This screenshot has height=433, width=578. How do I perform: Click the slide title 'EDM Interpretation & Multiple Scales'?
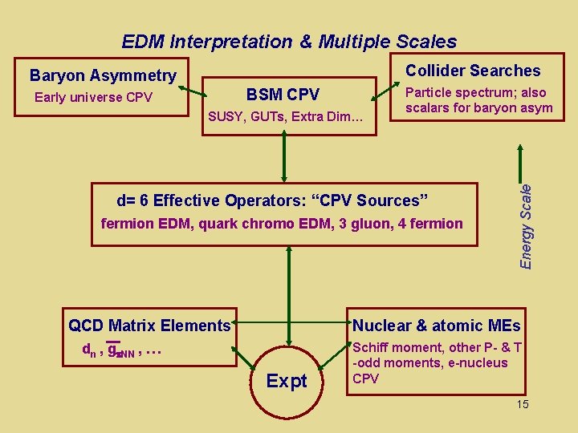pyautogui.click(x=289, y=42)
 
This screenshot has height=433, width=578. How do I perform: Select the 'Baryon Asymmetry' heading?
pyautogui.click(x=103, y=75)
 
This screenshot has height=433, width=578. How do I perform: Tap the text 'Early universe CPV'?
pyautogui.click(x=93, y=98)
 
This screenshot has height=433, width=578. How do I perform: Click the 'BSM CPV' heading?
pyautogui.click(x=283, y=95)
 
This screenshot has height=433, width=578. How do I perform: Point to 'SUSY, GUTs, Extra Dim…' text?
pyautogui.click(x=286, y=117)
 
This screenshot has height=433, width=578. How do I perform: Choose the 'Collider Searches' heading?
pyautogui.click(x=473, y=71)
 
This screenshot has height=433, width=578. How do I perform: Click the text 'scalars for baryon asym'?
pyautogui.click(x=478, y=108)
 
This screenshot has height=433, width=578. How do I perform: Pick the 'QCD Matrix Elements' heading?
pyautogui.click(x=149, y=326)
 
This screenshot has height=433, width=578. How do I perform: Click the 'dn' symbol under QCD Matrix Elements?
pyautogui.click(x=88, y=350)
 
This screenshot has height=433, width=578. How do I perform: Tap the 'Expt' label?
pyautogui.click(x=287, y=382)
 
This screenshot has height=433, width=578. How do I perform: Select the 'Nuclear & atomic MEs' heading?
pyautogui.click(x=437, y=326)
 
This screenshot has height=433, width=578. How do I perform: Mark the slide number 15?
pyautogui.click(x=523, y=404)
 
